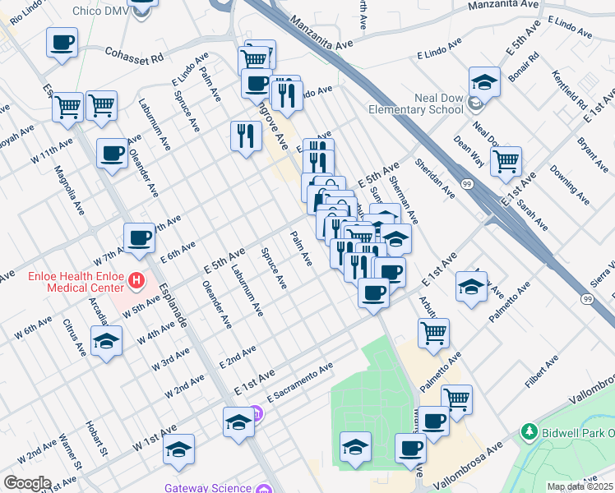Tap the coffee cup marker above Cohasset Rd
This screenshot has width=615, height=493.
(62, 44)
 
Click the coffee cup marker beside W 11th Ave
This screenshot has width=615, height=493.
(112, 153)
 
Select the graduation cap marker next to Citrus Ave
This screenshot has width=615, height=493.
(106, 341)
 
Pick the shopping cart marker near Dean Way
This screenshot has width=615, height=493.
(506, 162)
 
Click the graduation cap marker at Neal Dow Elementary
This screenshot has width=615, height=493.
(485, 82)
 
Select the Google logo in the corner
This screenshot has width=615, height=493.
(26, 483)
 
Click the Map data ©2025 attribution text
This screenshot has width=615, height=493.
(580, 486)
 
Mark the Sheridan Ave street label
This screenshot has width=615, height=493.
(435, 178)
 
